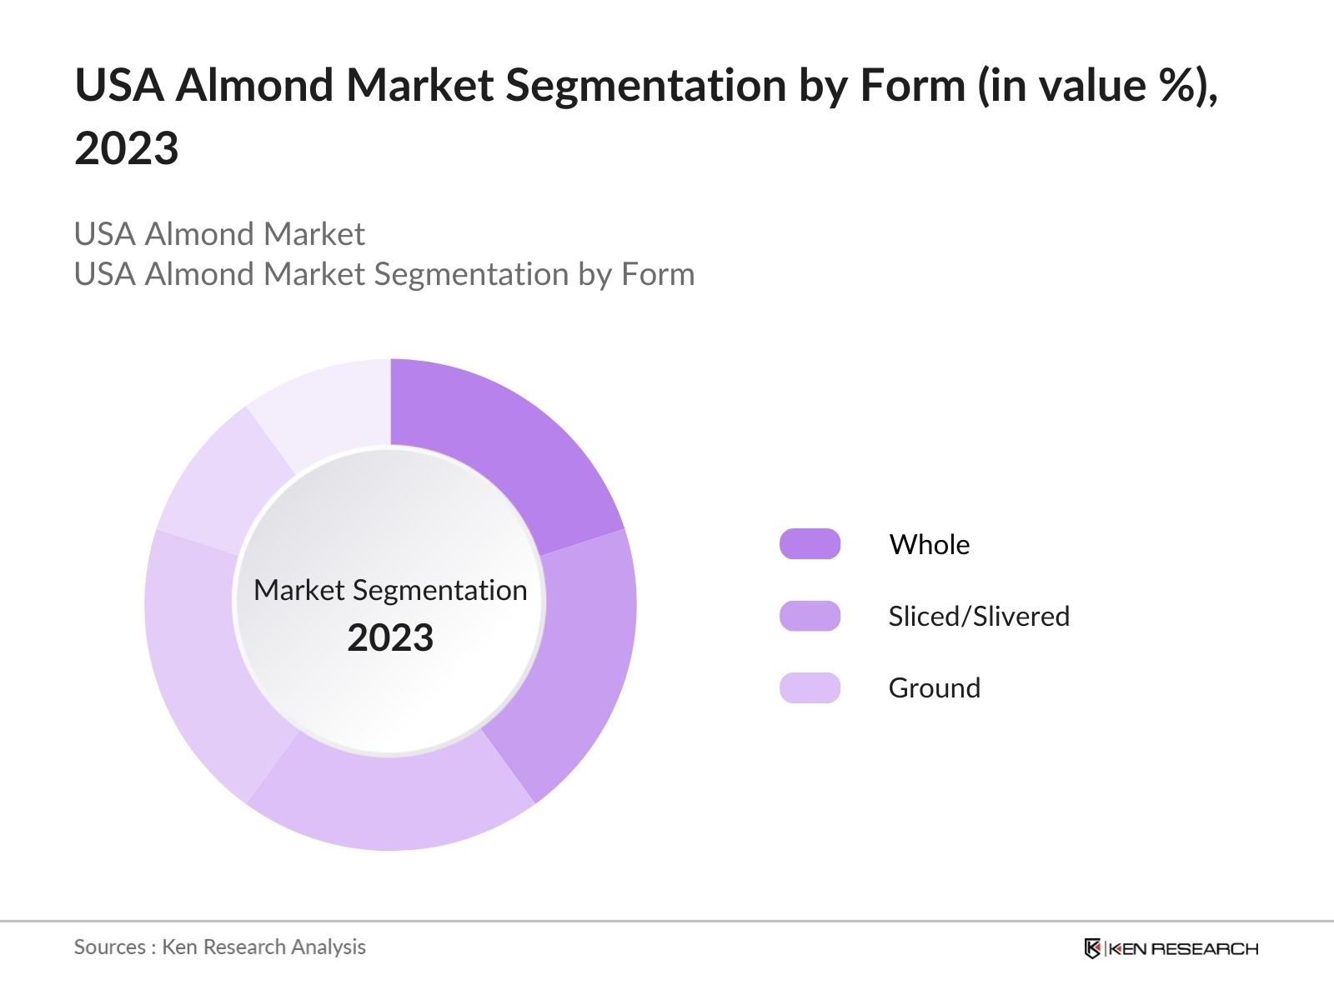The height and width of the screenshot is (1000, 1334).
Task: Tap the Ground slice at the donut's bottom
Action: click(x=392, y=800)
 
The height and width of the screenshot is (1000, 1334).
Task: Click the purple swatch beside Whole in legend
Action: click(x=810, y=544)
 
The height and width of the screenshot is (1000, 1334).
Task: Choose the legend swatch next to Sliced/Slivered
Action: click(x=810, y=616)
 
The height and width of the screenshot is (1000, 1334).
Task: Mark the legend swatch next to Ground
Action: click(x=810, y=687)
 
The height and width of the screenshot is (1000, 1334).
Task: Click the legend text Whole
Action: click(x=929, y=544)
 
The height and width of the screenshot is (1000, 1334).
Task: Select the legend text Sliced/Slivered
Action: click(x=978, y=616)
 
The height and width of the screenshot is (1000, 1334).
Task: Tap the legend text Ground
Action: click(x=934, y=687)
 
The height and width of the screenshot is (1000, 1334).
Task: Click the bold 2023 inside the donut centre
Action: click(x=390, y=638)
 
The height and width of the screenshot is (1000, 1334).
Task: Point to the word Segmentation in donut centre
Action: click(x=439, y=590)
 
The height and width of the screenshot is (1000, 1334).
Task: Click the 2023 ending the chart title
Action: click(x=127, y=148)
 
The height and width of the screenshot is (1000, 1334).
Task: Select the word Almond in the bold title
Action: click(x=254, y=85)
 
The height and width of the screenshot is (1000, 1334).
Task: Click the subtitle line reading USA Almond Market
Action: click(x=219, y=234)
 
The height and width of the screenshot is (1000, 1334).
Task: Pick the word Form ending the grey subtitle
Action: click(x=658, y=274)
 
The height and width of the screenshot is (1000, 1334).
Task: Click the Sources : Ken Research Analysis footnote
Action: click(x=219, y=947)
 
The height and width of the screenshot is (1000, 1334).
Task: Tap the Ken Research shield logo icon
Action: click(x=1092, y=948)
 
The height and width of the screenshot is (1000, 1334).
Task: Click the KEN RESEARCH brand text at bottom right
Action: click(x=1182, y=948)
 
